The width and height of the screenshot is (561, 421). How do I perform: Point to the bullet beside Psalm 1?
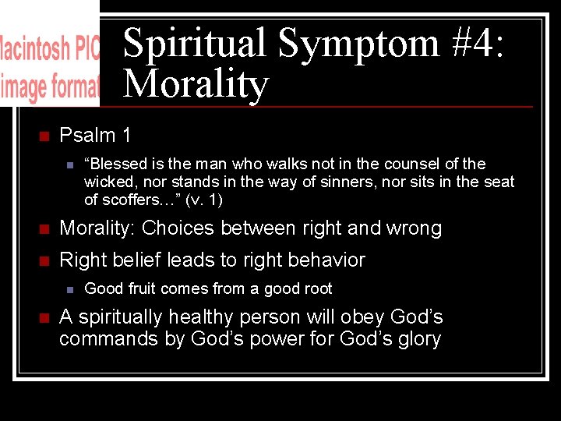coord(44,136)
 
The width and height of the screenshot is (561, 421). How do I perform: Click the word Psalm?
coord(87,135)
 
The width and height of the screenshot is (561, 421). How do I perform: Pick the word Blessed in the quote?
coord(114,164)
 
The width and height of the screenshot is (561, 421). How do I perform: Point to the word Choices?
coord(176,228)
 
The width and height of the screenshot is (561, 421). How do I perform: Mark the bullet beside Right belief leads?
coord(44,260)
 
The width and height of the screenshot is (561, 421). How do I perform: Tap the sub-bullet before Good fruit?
coord(69,289)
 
